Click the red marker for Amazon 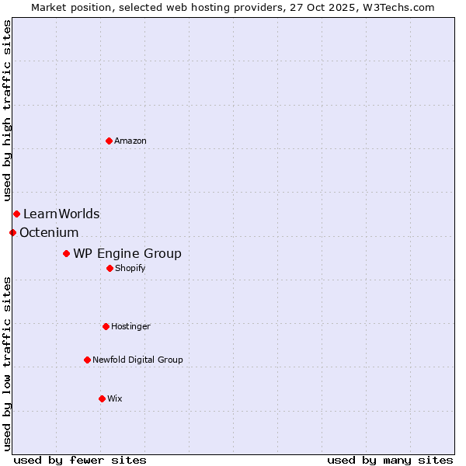tap(109, 141)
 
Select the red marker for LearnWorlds tap(16, 214)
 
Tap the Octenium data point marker tap(12, 232)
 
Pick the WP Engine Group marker tap(66, 253)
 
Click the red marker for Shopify tap(110, 268)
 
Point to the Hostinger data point tap(106, 326)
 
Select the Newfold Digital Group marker tap(87, 360)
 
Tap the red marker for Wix tap(102, 398)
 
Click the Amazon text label tap(130, 141)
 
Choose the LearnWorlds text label tap(61, 214)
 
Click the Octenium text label tap(49, 232)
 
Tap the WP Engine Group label tap(127, 253)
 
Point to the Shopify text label tap(130, 268)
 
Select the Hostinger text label tap(130, 326)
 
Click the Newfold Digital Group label tap(137, 360)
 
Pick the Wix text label tap(115, 398)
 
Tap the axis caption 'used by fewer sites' tap(80, 460)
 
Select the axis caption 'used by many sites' tap(390, 460)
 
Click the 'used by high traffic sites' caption tap(7, 110)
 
